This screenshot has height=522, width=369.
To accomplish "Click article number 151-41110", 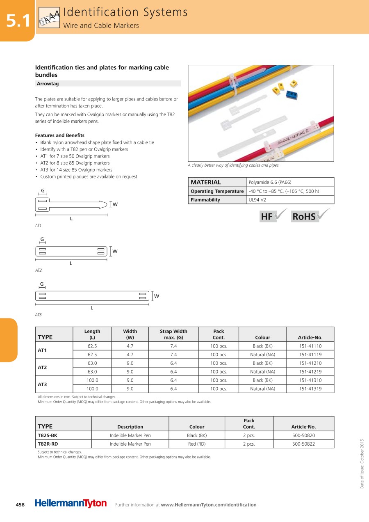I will (x=310, y=346).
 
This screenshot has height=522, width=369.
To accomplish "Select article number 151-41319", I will (x=310, y=389).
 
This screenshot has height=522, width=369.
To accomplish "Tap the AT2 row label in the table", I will (x=42, y=367).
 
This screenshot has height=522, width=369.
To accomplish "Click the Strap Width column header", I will (x=173, y=334).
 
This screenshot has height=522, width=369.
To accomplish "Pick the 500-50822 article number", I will (x=303, y=444).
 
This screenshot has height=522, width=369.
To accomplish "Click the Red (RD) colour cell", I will (x=197, y=444).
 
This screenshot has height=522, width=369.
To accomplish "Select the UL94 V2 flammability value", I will (x=257, y=200).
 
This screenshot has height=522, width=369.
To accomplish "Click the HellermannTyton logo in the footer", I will (x=71, y=504).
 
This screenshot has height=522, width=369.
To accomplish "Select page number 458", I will (x=20, y=504).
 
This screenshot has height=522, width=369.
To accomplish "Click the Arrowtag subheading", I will (x=48, y=83).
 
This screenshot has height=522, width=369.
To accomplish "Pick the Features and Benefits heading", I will (x=60, y=135).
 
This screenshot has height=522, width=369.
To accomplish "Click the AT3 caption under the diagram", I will (x=39, y=315).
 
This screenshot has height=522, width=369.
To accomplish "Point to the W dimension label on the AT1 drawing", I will (x=115, y=204).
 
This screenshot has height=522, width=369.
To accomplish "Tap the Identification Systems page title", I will (x=125, y=12).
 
